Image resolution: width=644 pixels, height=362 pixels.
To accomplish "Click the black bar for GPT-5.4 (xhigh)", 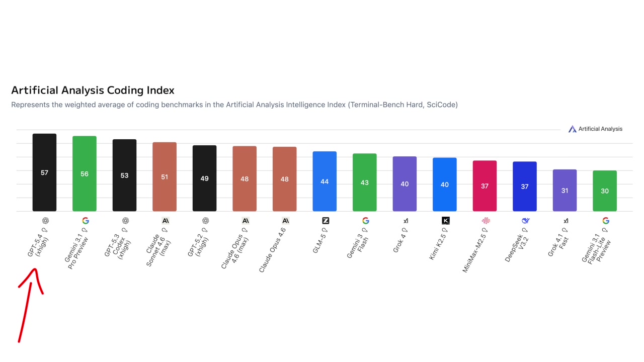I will (x=44, y=172).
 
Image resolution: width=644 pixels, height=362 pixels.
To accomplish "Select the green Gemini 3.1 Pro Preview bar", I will (x=85, y=173).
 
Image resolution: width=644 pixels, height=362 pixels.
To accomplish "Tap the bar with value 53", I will (x=124, y=175).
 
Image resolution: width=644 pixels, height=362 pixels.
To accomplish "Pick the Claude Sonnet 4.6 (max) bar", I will (x=165, y=176).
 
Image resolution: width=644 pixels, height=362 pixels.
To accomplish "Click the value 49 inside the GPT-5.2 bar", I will (x=204, y=178).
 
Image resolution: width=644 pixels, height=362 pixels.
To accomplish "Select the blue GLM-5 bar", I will (x=325, y=181).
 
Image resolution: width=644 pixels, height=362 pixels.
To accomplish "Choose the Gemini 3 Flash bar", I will (x=365, y=182).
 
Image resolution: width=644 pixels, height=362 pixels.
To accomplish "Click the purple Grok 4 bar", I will (x=405, y=184).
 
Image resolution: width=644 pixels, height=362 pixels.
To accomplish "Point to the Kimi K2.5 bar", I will (x=445, y=184).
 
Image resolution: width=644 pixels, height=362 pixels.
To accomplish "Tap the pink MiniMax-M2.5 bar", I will (x=485, y=186).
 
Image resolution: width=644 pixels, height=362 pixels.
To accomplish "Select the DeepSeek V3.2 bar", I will (x=525, y=186).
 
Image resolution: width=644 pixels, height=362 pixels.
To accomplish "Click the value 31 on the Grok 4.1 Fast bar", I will (x=565, y=191).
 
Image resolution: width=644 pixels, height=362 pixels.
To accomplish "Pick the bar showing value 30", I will (x=605, y=191).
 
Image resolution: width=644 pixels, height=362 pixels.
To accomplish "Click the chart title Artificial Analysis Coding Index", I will (x=93, y=90).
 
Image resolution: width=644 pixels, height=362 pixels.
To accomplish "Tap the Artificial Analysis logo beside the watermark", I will (x=572, y=129).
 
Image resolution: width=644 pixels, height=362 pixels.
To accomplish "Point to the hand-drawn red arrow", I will (x=28, y=302).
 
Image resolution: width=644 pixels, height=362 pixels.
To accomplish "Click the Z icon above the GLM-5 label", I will (x=325, y=221).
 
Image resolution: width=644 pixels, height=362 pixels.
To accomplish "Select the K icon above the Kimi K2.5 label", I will (x=445, y=221).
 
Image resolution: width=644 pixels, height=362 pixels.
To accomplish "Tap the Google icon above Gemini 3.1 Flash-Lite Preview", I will (x=605, y=221).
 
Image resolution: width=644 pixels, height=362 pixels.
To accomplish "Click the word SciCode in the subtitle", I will (x=441, y=105).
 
